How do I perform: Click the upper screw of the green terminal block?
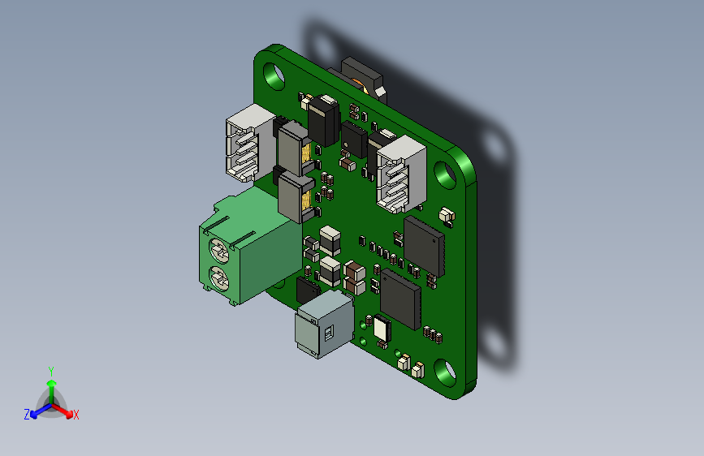(x=219, y=251)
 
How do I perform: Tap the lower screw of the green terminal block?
(x=219, y=279)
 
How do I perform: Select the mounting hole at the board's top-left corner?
(x=274, y=75)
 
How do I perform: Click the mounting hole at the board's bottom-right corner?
(x=445, y=373)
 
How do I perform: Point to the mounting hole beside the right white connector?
(x=445, y=175)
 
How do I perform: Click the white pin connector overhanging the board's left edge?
(x=250, y=143)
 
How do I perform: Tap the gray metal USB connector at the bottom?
(x=324, y=324)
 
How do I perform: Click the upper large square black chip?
(x=425, y=247)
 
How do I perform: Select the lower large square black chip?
(x=400, y=299)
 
